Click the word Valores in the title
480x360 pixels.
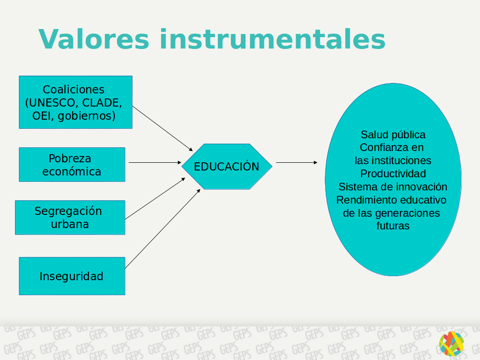pyautogui.click(x=93, y=39)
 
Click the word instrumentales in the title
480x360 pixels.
pyautogui.click(x=272, y=39)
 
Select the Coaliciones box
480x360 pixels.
pyautogui.click(x=76, y=102)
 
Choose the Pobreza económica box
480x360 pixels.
pyautogui.click(x=72, y=165)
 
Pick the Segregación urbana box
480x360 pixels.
pyautogui.click(x=70, y=218)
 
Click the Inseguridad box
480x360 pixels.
pyautogui.click(x=72, y=276)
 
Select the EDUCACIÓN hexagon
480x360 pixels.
pyautogui.click(x=227, y=166)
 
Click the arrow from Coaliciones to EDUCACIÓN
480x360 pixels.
pyautogui.click(x=162, y=128)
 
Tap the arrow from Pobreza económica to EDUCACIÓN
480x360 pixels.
pyautogui.click(x=155, y=162)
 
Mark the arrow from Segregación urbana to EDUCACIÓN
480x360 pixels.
pyautogui.click(x=155, y=199)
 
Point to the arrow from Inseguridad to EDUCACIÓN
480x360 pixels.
pyautogui.click(x=162, y=229)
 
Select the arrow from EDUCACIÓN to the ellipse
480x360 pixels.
pyautogui.click(x=297, y=162)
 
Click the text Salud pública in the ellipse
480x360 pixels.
pyautogui.click(x=393, y=135)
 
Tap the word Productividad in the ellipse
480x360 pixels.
pyautogui.click(x=393, y=173)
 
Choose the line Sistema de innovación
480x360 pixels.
pyautogui.click(x=393, y=187)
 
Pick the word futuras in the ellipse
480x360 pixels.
pyautogui.click(x=393, y=226)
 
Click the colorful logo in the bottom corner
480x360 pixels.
pyautogui.click(x=451, y=344)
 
